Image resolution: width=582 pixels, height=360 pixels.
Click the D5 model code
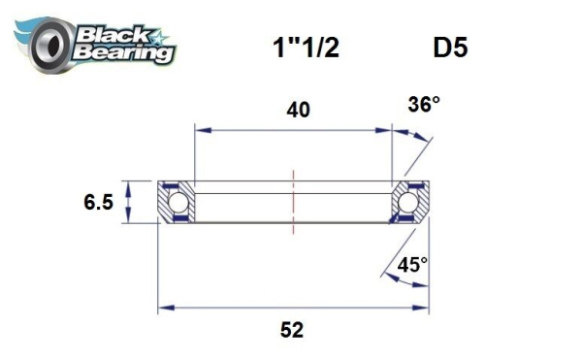click(x=447, y=48)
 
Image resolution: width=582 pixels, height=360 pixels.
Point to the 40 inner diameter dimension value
click(x=299, y=110)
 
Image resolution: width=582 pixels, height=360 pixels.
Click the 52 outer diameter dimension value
click(x=291, y=331)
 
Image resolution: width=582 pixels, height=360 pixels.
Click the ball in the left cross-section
click(x=178, y=202)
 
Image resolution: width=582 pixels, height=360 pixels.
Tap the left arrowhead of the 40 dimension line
click(x=199, y=126)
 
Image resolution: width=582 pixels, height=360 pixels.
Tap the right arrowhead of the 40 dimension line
click(x=386, y=126)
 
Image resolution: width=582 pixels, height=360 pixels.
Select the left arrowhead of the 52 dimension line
click(x=164, y=309)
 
